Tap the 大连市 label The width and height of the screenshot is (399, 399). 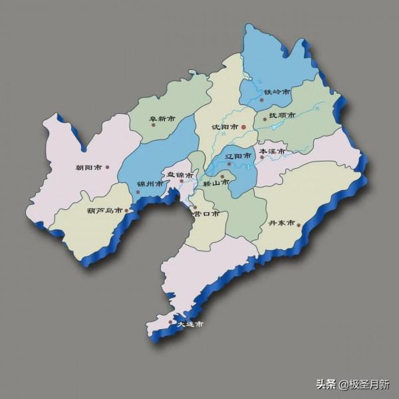[190, 325]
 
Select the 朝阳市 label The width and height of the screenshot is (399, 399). [88, 168]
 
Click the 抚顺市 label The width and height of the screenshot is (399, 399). [282, 116]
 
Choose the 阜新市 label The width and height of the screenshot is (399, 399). [162, 120]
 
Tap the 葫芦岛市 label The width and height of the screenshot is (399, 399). [104, 211]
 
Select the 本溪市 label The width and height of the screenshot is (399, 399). [273, 152]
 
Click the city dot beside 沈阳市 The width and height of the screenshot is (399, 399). [243, 126]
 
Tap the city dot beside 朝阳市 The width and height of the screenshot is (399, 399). [107, 168]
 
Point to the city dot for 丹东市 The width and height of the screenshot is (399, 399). [299, 225]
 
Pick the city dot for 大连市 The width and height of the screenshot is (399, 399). [171, 322]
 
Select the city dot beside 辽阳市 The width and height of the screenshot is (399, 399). [229, 164]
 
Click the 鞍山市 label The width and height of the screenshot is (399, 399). [216, 182]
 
